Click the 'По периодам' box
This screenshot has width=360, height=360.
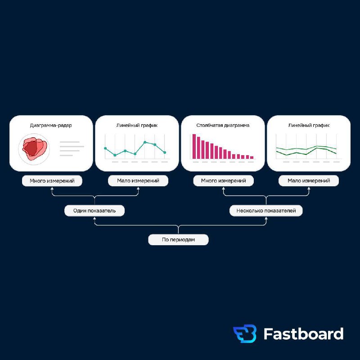point(178,239)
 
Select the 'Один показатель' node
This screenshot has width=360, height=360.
point(94,211)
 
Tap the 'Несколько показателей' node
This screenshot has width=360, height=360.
point(266,211)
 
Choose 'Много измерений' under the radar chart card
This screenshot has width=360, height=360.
point(52,181)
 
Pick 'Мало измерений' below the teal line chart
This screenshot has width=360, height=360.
point(138,181)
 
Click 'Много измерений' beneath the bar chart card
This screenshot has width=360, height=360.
point(223,181)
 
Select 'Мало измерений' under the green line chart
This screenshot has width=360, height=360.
point(309,181)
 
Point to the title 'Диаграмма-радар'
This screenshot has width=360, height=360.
point(51,126)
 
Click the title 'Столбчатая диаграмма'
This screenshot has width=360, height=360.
point(223,126)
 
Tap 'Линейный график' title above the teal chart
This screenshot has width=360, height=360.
point(137,126)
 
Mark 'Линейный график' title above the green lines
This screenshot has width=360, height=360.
point(309,126)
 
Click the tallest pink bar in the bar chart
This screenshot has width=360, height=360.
point(194,147)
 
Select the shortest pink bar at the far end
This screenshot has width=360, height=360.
point(252,157)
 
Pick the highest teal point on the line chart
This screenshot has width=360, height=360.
point(145,142)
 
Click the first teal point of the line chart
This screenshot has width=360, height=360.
point(105,148)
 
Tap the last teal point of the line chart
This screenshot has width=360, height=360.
point(165,153)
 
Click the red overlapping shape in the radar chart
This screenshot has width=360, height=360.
point(35,148)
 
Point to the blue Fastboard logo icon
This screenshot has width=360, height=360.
point(245,333)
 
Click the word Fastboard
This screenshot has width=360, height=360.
point(303,333)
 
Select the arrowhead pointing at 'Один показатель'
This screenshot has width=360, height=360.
point(94,218)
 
